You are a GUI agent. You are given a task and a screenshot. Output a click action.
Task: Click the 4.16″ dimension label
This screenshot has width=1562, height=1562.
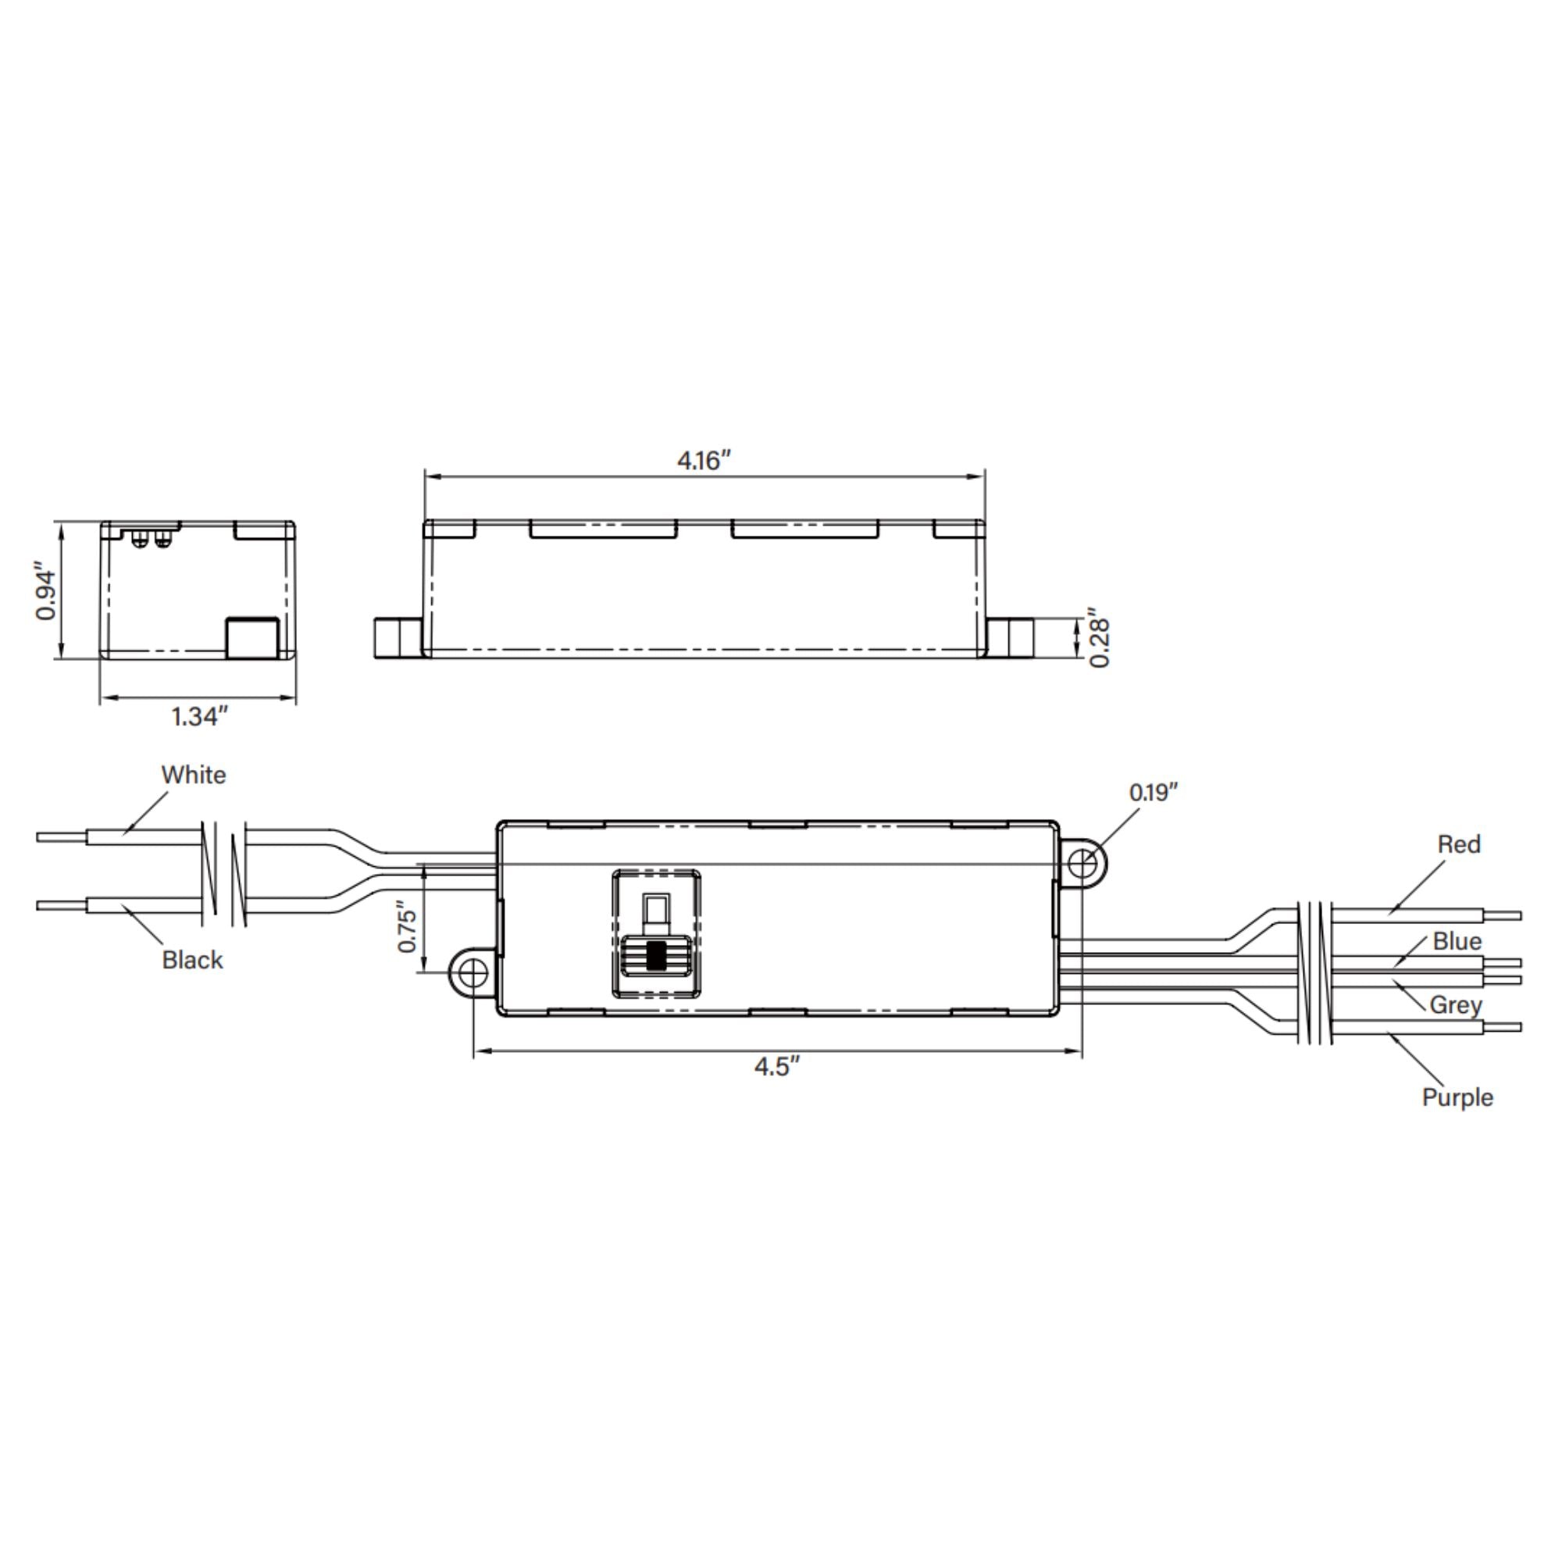[704, 461]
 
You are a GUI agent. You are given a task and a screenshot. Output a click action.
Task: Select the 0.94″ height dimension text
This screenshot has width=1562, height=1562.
[47, 595]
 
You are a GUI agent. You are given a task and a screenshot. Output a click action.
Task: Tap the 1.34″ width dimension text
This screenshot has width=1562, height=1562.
[200, 716]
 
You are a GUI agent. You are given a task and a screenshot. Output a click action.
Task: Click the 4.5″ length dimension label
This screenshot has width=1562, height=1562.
[777, 1066]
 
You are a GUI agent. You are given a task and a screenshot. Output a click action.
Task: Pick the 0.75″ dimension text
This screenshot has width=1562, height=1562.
[408, 929]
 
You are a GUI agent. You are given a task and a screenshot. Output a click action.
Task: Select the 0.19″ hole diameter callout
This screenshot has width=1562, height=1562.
[1154, 792]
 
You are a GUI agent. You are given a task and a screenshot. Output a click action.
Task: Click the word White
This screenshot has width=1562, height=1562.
[193, 775]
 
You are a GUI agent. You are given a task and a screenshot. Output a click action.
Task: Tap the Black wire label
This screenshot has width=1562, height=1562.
[191, 960]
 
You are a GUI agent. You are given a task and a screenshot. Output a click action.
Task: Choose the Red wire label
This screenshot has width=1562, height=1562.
[1458, 844]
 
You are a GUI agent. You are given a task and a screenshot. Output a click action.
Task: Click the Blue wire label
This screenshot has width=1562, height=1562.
[1457, 941]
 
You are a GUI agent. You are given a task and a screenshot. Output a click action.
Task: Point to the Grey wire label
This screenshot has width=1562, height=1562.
[1455, 1005]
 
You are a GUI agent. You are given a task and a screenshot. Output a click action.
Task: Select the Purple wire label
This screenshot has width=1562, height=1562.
[1457, 1097]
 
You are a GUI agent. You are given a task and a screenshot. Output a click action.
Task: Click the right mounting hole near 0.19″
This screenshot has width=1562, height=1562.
[1082, 864]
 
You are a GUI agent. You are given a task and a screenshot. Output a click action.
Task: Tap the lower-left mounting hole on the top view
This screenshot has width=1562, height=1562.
[473, 973]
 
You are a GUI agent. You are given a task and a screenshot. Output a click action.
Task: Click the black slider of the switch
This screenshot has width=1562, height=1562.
[656, 956]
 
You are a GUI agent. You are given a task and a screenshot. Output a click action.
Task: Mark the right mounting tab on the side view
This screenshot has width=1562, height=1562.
[1010, 638]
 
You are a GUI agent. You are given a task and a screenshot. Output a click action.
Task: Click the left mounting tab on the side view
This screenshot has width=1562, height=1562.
[397, 638]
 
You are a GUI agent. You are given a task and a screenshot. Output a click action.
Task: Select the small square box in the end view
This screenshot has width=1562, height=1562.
[251, 638]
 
